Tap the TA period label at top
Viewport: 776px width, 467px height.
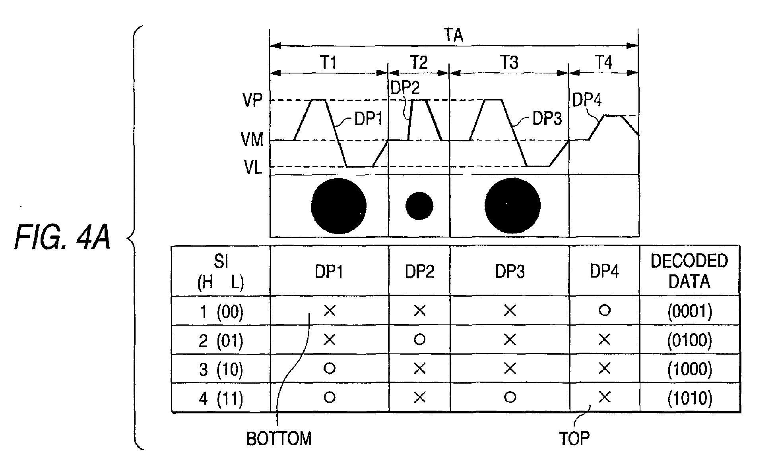coord(453,35)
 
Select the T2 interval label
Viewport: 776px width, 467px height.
coord(419,62)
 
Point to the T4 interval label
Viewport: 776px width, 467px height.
coord(603,62)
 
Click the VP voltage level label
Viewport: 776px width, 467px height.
coord(252,100)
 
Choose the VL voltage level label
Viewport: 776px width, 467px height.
coord(253,168)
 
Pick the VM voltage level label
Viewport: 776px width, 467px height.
coord(252,139)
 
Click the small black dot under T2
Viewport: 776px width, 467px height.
coord(419,206)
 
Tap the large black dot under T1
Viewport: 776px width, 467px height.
coord(338,206)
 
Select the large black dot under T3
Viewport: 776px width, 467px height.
coord(512,206)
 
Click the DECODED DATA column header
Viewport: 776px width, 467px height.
coord(689,271)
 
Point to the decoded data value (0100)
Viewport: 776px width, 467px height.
coord(690,340)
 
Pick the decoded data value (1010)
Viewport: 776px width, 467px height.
coord(690,398)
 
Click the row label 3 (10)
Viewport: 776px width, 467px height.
coord(221,369)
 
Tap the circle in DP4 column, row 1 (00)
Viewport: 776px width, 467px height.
coord(604,310)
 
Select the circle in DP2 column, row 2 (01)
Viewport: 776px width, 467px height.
coord(419,339)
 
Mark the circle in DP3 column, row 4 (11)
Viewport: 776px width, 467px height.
coord(510,397)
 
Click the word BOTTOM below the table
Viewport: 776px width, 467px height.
coord(279,439)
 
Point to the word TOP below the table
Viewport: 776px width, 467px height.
coord(574,438)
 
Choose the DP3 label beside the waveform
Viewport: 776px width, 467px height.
coord(547,118)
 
